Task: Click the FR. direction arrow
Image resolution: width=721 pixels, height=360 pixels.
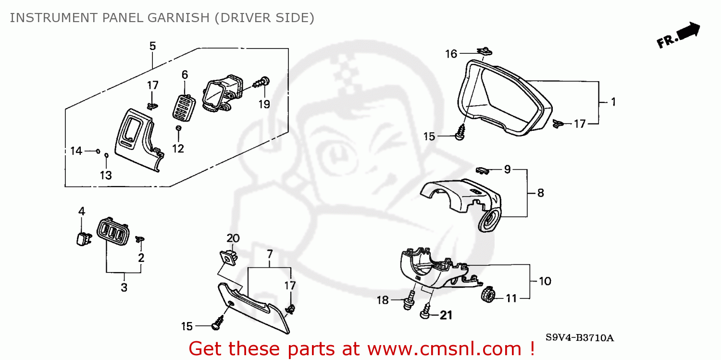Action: click(679, 36)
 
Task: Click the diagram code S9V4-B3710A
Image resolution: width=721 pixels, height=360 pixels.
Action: click(579, 337)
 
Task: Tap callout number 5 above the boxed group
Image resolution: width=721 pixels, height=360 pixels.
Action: click(152, 46)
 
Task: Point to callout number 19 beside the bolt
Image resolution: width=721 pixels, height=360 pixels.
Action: click(264, 104)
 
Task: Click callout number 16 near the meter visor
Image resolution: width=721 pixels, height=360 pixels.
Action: click(451, 54)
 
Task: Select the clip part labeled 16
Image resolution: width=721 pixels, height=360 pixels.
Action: click(485, 50)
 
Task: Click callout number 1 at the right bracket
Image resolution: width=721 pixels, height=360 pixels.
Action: click(613, 102)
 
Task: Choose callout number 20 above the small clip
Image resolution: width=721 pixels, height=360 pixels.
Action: click(233, 238)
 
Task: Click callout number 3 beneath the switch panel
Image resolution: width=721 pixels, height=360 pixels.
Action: click(124, 288)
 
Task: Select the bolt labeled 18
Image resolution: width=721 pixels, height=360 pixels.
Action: click(410, 299)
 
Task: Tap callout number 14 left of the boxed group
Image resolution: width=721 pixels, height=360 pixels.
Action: click(76, 151)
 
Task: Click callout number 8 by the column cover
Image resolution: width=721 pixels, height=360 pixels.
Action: click(540, 193)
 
